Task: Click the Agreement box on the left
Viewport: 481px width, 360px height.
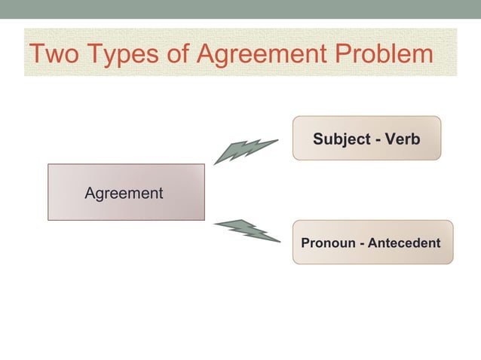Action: tap(126, 192)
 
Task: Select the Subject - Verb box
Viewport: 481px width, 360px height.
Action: tap(366, 139)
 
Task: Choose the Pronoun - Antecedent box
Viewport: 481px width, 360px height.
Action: tap(372, 242)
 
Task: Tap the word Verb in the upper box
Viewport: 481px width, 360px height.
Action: tap(403, 139)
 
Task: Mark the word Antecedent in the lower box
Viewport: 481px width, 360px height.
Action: tap(405, 243)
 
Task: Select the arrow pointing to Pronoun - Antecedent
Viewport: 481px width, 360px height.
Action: tap(246, 229)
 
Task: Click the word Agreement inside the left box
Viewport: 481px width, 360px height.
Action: tap(124, 194)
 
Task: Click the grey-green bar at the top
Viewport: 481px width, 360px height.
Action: tap(240, 9)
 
